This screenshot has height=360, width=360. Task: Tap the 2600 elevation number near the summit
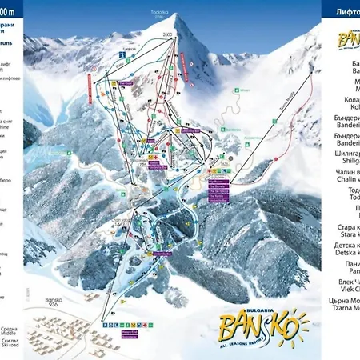[x=166, y=34]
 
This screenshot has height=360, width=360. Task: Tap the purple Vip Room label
[x=218, y=178]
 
